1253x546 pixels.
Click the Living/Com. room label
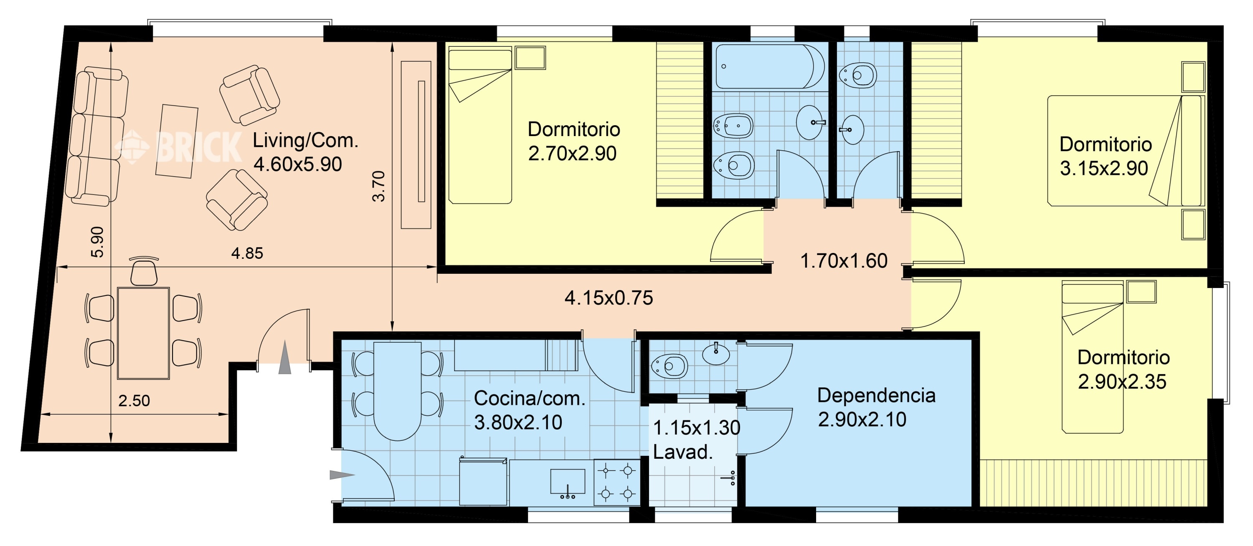305,141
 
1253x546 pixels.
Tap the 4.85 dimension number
247,253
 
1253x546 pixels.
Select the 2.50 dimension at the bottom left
134,401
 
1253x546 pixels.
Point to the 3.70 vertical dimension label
378,186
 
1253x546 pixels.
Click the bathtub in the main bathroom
770,67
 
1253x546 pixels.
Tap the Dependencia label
876,395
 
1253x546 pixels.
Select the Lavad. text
682,452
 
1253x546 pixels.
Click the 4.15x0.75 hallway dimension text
609,298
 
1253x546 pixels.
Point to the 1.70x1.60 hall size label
844,261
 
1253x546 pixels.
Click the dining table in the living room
144,333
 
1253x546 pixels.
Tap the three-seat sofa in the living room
97,136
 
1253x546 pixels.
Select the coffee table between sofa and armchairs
177,141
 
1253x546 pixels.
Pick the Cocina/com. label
530,398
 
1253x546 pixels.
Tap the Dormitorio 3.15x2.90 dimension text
1103,168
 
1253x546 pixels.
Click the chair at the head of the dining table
144,271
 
